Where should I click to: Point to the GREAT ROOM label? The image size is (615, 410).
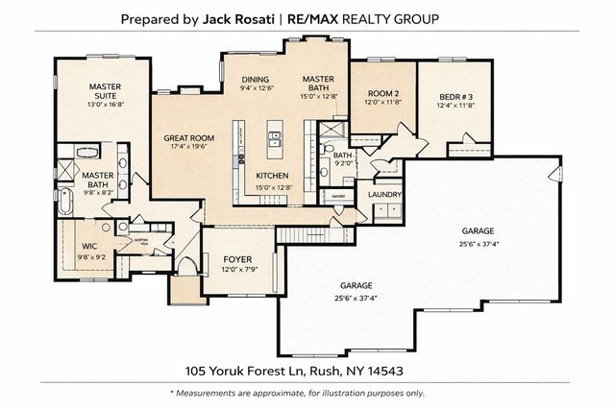click(188, 138)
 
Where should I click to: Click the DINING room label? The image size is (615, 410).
click(256, 80)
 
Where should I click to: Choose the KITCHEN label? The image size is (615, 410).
click(272, 176)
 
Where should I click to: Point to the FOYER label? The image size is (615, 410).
click(237, 259)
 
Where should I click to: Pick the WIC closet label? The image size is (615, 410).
click(90, 246)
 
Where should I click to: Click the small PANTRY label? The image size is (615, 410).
click(338, 196)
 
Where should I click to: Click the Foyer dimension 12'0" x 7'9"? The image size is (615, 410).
click(237, 270)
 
